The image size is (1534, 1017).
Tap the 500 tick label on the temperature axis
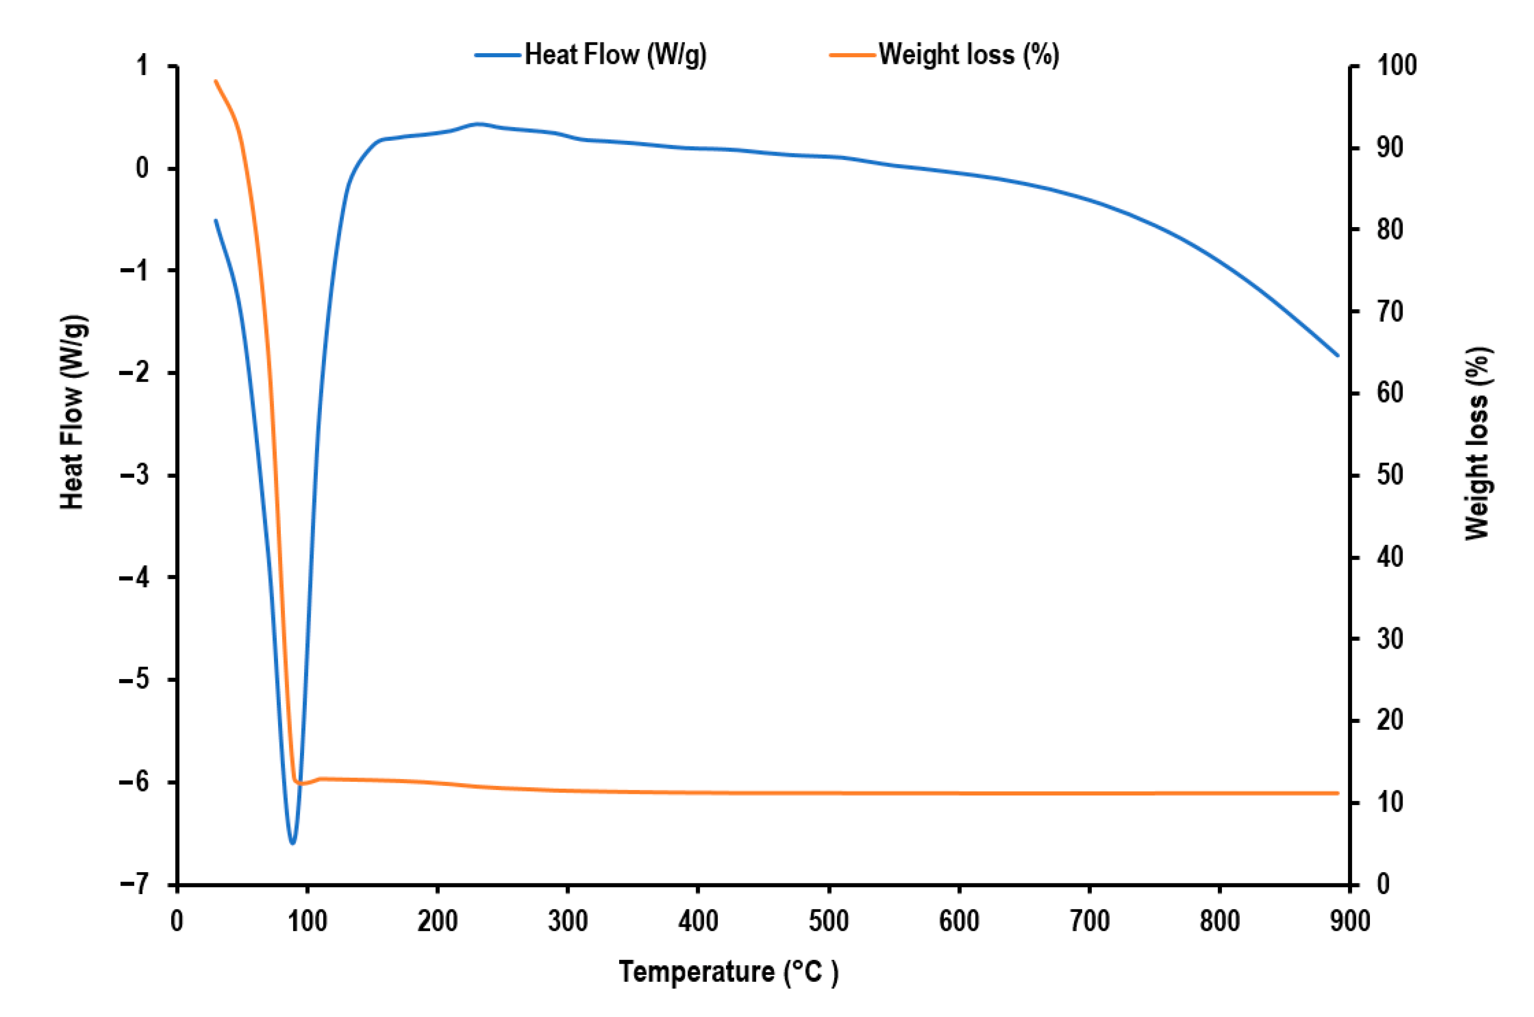(x=828, y=921)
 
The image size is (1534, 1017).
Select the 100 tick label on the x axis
(x=308, y=921)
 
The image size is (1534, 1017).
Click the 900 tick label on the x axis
(x=1350, y=921)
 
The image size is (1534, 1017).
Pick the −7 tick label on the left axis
(x=134, y=884)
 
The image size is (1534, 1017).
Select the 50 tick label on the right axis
(x=1390, y=475)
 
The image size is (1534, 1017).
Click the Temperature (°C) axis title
(x=728, y=971)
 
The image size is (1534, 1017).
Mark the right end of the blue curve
(x=1337, y=355)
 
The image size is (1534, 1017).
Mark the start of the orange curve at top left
(x=216, y=81)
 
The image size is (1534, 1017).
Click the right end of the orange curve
(x=1337, y=793)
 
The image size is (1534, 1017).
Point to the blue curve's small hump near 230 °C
(x=478, y=123)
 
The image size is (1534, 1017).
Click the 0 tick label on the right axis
(x=1383, y=884)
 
